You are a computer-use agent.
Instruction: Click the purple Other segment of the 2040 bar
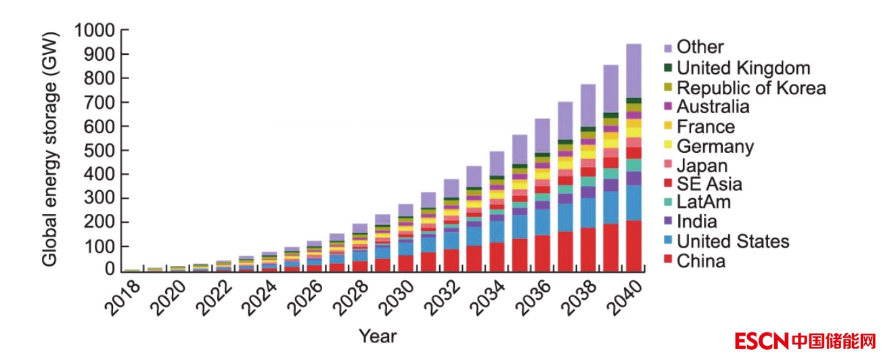click(x=633, y=70)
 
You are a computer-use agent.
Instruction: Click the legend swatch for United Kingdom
click(x=668, y=68)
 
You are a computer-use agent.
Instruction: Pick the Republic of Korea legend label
click(x=751, y=87)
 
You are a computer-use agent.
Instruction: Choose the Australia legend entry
click(x=713, y=107)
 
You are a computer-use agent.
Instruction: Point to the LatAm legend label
click(x=704, y=202)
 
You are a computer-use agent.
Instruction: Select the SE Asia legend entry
click(x=709, y=183)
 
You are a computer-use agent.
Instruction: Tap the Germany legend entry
click(x=715, y=145)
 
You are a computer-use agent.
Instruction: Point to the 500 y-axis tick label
click(x=102, y=150)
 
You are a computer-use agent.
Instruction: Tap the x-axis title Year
click(x=377, y=335)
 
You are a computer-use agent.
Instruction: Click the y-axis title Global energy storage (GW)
click(x=51, y=151)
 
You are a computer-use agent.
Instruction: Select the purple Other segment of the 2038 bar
click(x=587, y=105)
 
